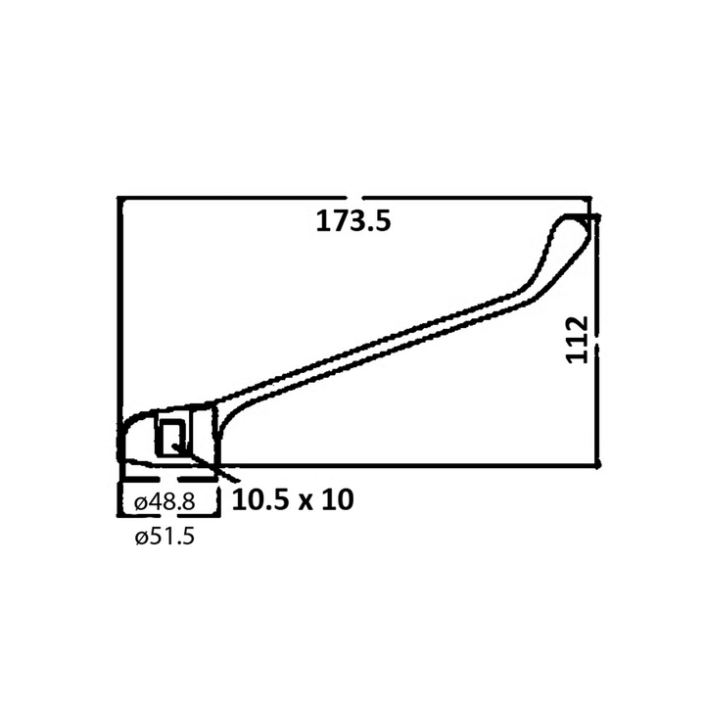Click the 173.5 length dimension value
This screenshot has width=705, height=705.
click(x=352, y=221)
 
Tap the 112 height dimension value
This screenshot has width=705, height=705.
click(x=579, y=339)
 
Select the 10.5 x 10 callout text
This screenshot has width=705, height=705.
click(x=292, y=499)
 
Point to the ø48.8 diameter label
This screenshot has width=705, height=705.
click(x=164, y=501)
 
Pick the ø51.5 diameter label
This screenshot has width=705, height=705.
click(x=164, y=537)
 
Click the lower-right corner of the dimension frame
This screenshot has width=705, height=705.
click(x=597, y=465)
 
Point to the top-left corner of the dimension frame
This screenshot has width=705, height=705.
click(x=119, y=199)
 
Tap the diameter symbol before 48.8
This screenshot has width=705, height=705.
click(x=140, y=502)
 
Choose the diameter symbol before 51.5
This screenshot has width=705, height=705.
click(x=141, y=538)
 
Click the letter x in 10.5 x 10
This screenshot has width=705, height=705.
click(x=305, y=500)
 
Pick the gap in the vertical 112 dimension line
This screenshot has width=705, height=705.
click(x=596, y=339)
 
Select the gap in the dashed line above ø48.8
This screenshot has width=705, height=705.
click(x=164, y=482)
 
